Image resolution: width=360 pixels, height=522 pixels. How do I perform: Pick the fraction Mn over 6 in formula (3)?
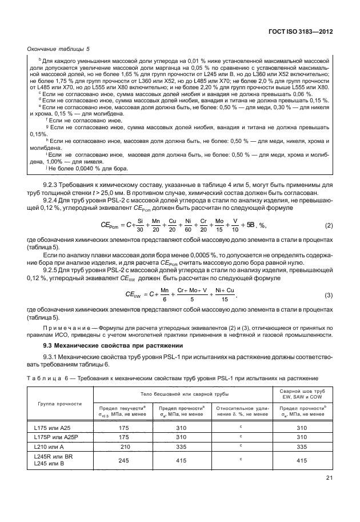pos(165,294)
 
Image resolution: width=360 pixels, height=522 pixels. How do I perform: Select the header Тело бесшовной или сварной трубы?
pos(185,394)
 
